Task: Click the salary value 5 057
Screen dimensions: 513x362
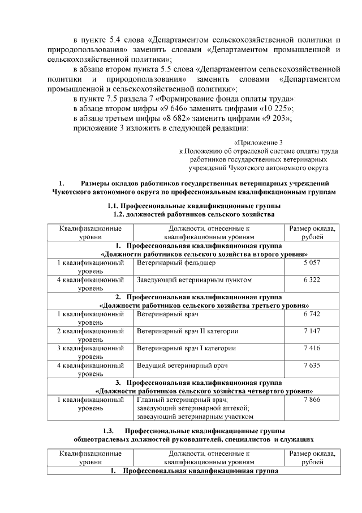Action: tap(312, 264)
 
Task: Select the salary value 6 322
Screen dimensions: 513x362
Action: tap(312, 280)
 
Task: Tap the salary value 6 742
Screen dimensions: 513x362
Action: tap(312, 313)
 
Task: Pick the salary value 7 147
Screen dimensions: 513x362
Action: tap(312, 330)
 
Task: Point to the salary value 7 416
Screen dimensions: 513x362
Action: tap(312, 347)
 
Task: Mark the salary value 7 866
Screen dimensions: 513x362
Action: tap(312, 400)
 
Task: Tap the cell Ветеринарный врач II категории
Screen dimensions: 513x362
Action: tap(187, 330)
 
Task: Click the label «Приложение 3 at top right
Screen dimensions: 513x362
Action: tap(258, 142)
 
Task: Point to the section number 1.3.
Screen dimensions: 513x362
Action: tap(109, 430)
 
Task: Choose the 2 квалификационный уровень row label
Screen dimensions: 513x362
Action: tap(90, 334)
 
